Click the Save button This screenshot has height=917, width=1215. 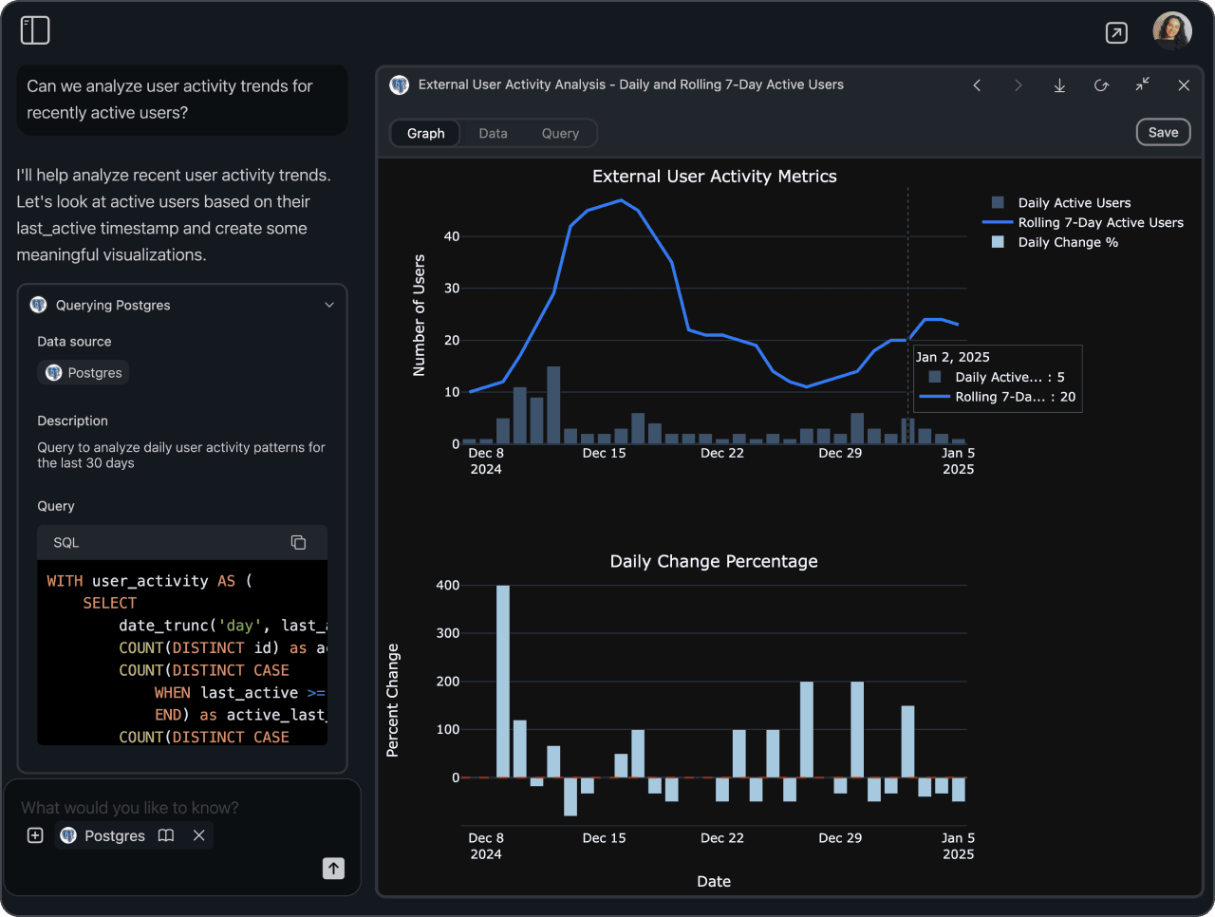(x=1163, y=133)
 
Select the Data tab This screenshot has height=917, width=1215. (x=493, y=134)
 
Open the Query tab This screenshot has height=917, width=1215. (x=560, y=134)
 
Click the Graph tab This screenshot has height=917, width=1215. (x=425, y=134)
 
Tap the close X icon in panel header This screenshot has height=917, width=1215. (x=1184, y=85)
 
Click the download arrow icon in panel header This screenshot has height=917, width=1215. (x=1059, y=85)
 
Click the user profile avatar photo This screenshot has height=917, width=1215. (x=1171, y=31)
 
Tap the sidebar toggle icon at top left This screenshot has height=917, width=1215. (x=35, y=30)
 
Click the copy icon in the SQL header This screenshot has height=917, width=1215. (x=298, y=542)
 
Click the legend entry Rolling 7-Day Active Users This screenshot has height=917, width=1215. (x=1100, y=223)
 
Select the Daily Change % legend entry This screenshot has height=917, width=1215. (x=1068, y=243)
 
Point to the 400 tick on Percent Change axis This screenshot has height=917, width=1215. (x=448, y=586)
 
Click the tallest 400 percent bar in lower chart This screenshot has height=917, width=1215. (x=503, y=681)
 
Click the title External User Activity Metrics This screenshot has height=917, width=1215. (x=714, y=177)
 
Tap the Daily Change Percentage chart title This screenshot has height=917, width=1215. (x=714, y=562)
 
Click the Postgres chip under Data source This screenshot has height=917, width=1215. (x=84, y=373)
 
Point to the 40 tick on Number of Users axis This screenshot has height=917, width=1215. (x=452, y=236)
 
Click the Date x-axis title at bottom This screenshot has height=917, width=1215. (x=714, y=882)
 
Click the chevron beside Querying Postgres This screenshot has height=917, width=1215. (x=329, y=306)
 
